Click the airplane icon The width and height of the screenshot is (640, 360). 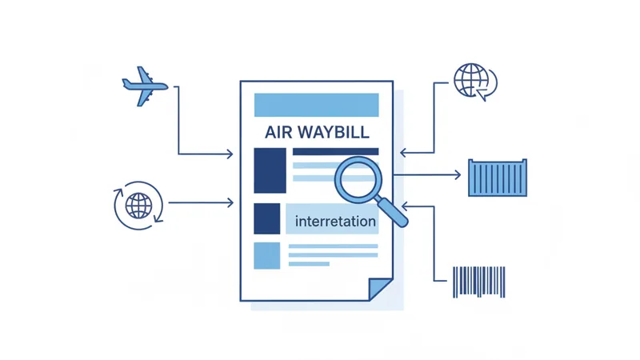pyautogui.click(x=145, y=86)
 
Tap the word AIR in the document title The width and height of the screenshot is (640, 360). pyautogui.click(x=278, y=132)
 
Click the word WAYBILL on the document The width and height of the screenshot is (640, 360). pyautogui.click(x=334, y=132)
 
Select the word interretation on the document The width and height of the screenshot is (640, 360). pyautogui.click(x=335, y=222)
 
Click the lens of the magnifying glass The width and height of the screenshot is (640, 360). pyautogui.click(x=358, y=179)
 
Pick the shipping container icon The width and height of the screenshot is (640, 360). pyautogui.click(x=498, y=178)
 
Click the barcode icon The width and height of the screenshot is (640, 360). pyautogui.click(x=478, y=282)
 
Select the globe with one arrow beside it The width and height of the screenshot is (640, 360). pyautogui.click(x=475, y=82)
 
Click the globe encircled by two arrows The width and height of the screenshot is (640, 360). pyautogui.click(x=138, y=206)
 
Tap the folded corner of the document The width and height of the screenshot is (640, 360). pyautogui.click(x=379, y=288)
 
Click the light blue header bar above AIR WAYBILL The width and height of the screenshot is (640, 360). pyautogui.click(x=316, y=105)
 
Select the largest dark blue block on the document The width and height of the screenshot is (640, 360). pyautogui.click(x=270, y=170)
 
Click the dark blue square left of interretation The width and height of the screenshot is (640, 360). pyautogui.click(x=267, y=218)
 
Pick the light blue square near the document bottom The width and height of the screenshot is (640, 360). pyautogui.click(x=267, y=256)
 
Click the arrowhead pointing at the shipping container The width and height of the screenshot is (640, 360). pyautogui.click(x=458, y=175)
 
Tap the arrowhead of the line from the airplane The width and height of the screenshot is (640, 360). pyautogui.click(x=230, y=154)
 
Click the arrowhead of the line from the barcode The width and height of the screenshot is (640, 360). pyautogui.click(x=405, y=206)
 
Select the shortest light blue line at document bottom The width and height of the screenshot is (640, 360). pyautogui.click(x=309, y=264)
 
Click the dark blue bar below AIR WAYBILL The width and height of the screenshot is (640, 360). pyautogui.click(x=335, y=152)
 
